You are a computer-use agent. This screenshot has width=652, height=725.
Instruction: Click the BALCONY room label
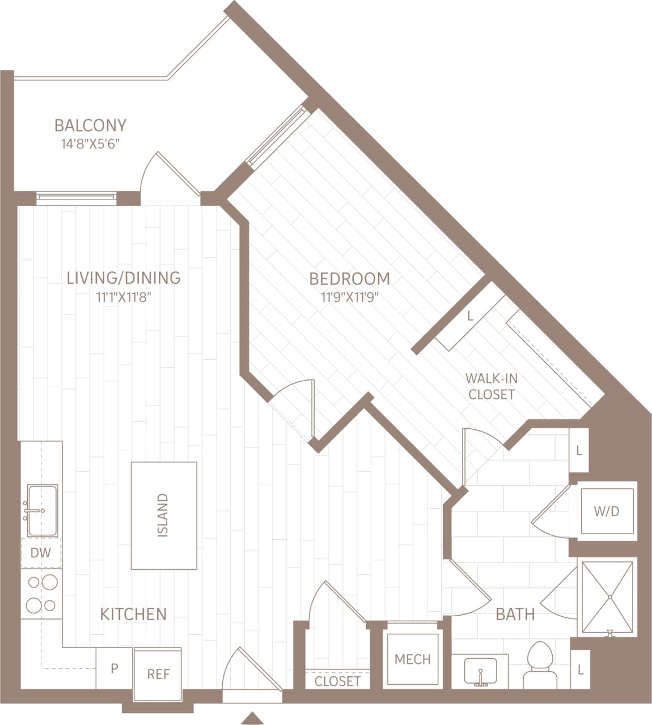[90, 125]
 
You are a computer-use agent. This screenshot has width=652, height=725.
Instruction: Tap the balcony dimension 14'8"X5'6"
[90, 144]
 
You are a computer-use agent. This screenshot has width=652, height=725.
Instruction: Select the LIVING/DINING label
[124, 278]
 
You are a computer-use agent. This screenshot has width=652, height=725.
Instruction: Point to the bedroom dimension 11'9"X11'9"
[349, 297]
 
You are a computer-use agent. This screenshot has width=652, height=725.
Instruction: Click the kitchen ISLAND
[164, 515]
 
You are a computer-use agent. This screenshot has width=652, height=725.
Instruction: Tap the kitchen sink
[41, 510]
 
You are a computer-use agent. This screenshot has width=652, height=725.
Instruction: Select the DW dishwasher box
[41, 553]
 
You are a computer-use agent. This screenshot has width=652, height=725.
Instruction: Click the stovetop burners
[41, 593]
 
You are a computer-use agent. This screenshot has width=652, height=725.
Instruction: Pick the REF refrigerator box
[158, 674]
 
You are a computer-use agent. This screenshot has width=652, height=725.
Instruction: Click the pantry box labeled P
[114, 669]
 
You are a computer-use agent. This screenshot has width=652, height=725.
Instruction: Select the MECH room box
[412, 659]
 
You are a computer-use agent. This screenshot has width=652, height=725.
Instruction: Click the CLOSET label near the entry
[337, 681]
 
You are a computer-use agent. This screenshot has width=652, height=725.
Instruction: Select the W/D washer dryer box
[607, 511]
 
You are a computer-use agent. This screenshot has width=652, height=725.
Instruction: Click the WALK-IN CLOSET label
[492, 386]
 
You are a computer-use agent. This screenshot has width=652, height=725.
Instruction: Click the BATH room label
[515, 614]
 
